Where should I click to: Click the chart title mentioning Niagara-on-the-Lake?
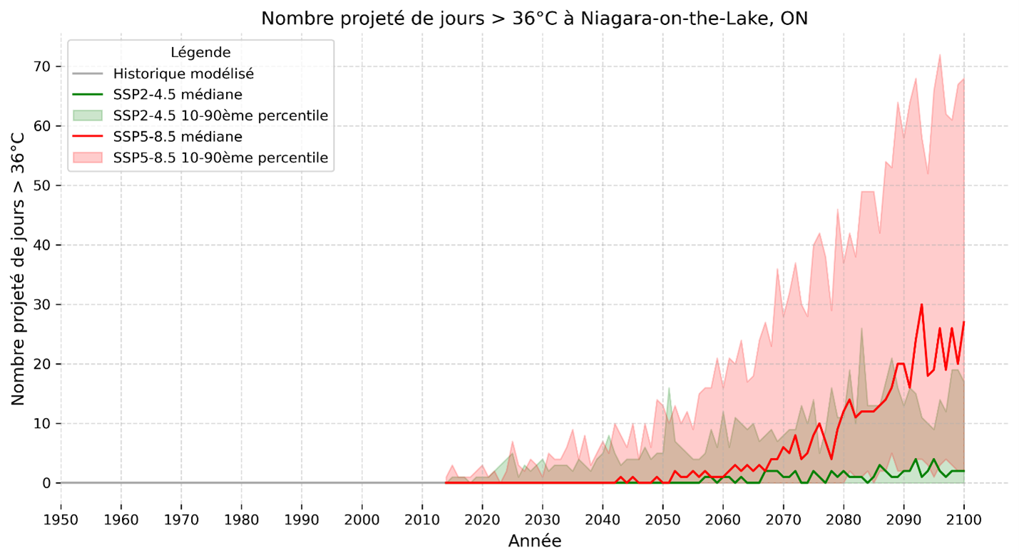click(x=534, y=19)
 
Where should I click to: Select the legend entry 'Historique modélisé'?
click(x=183, y=73)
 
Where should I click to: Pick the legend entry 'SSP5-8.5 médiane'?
click(x=178, y=136)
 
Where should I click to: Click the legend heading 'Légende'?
click(x=200, y=52)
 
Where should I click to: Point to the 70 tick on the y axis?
click(x=41, y=66)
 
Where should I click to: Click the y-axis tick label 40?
click(x=41, y=245)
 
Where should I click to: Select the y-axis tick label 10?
click(x=41, y=424)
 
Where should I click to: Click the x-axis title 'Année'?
click(x=534, y=541)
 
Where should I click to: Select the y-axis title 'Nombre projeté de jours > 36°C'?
click(x=19, y=268)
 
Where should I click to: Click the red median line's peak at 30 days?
click(x=921, y=305)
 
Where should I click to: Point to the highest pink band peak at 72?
click(x=940, y=55)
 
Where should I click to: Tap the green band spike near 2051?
click(x=669, y=389)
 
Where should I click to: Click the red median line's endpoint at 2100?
click(x=963, y=322)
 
